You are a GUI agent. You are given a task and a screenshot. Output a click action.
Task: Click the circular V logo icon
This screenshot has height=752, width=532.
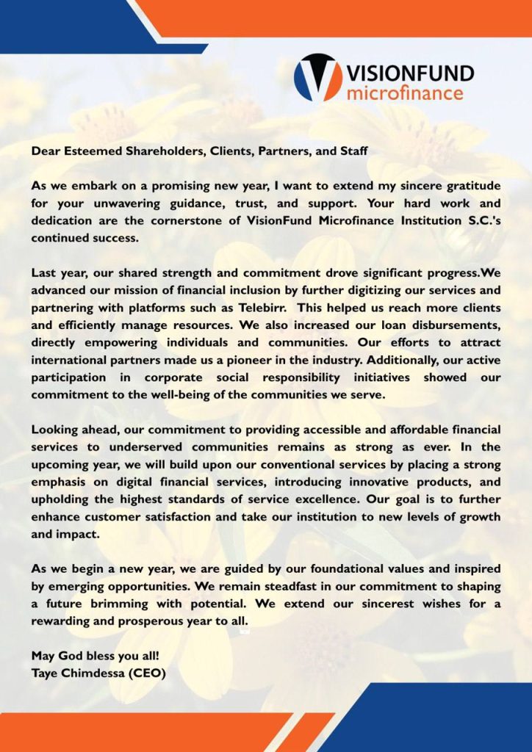[x=317, y=77]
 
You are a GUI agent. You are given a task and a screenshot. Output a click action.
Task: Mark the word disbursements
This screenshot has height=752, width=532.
[x=453, y=325]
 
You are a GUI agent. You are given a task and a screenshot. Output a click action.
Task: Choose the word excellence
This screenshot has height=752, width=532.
[x=326, y=499]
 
